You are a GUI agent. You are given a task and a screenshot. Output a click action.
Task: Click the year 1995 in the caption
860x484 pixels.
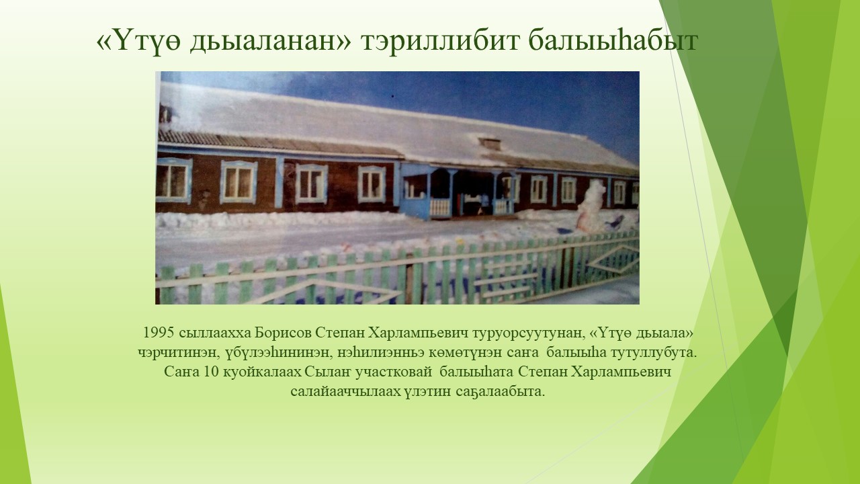pyautogui.click(x=159, y=333)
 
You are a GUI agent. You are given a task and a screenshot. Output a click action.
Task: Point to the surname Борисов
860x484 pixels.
pyautogui.click(x=283, y=333)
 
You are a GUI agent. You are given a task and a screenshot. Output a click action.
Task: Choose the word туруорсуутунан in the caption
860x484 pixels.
pyautogui.click(x=529, y=333)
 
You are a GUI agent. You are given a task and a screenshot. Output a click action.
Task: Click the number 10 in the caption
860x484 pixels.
pyautogui.click(x=210, y=372)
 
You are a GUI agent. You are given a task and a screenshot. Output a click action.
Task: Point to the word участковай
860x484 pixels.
pyautogui.click(x=394, y=372)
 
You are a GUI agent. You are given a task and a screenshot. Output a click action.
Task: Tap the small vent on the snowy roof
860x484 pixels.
pyautogui.click(x=490, y=144)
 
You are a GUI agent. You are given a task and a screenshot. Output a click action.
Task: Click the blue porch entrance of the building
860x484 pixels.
pyautogui.click(x=457, y=192)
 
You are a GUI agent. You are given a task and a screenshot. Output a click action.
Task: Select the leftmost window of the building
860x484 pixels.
pyautogui.click(x=173, y=181)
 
